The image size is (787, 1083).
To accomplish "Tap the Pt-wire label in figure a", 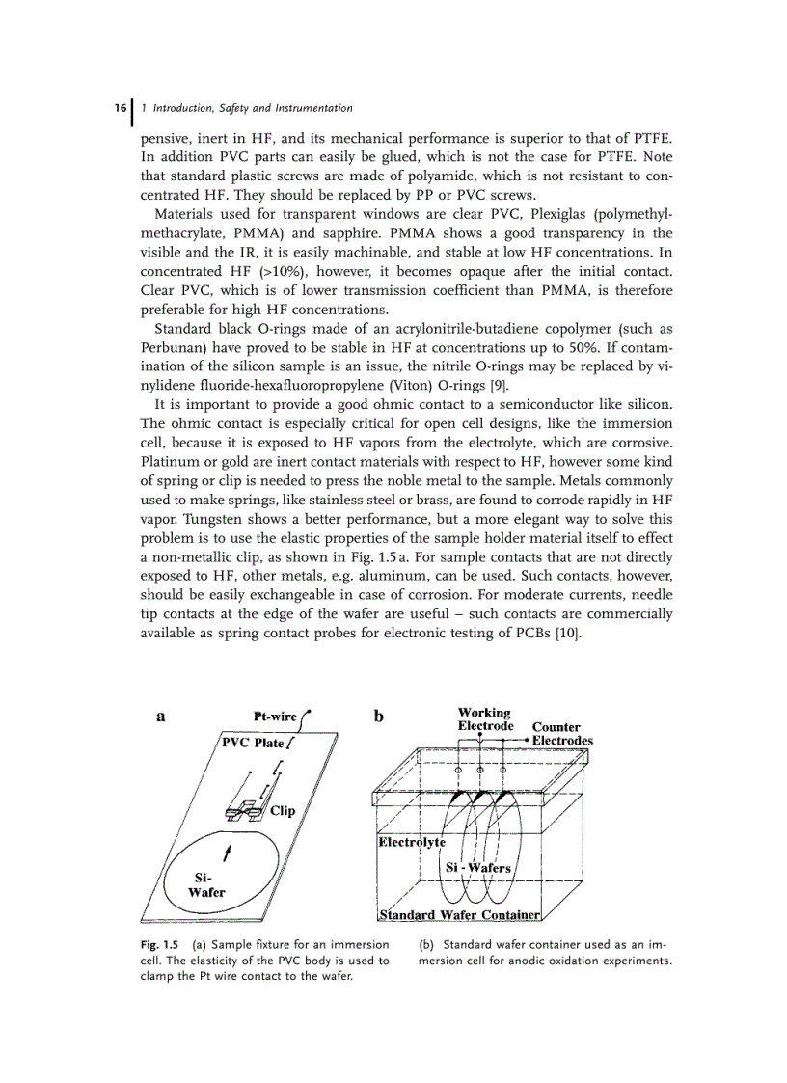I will coord(274,717).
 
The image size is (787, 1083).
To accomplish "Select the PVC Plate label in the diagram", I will coord(252,743).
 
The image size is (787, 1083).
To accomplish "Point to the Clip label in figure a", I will coord(283,811).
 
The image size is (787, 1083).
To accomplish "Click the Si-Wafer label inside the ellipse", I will coord(204,885).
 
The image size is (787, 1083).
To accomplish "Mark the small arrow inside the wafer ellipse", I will coord(227,854).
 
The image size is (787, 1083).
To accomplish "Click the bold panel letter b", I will coord(379,717).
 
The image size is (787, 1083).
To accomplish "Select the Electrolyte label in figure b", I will coord(411,842).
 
